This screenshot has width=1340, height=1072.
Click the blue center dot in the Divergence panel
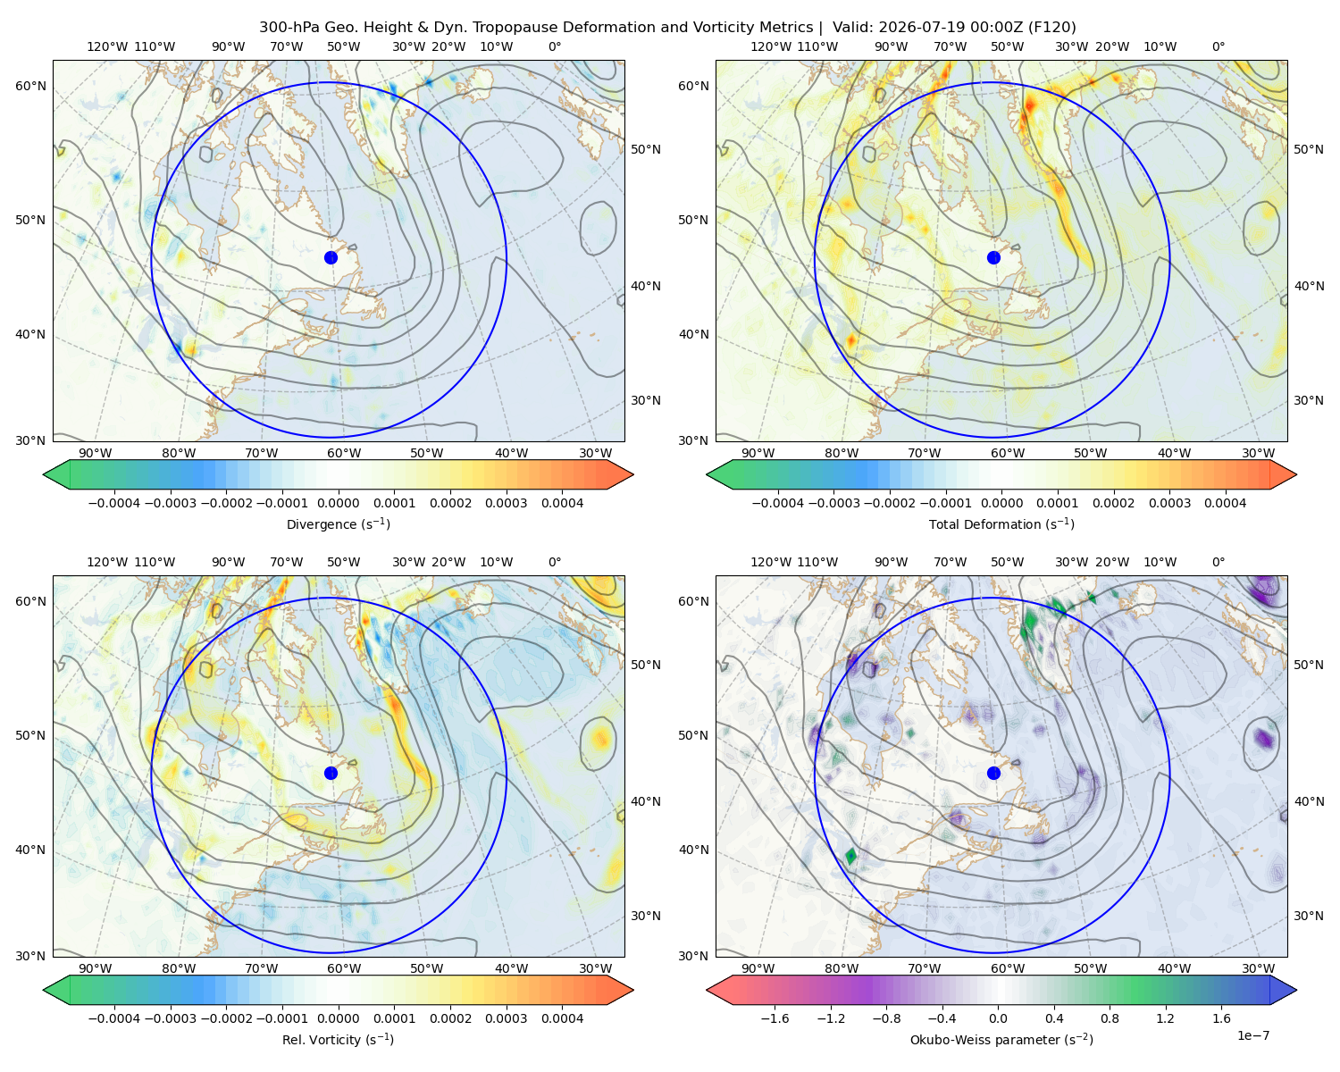click(x=331, y=257)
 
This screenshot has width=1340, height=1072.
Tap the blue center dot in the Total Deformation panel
click(x=993, y=257)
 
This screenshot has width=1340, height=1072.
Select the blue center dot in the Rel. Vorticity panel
click(x=331, y=773)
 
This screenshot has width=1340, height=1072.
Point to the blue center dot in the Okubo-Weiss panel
click(x=993, y=773)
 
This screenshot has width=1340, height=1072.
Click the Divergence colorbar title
click(x=338, y=523)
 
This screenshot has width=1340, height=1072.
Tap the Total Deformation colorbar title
click(x=1001, y=523)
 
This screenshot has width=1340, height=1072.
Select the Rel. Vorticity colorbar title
click(x=338, y=1039)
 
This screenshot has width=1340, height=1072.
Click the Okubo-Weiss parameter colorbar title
click(x=1001, y=1039)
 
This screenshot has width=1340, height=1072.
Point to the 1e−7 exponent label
click(x=1252, y=1035)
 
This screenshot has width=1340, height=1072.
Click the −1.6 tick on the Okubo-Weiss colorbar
click(x=775, y=1018)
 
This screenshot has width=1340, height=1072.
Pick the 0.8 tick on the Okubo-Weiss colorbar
click(x=1110, y=1018)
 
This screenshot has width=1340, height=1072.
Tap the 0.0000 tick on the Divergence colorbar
click(x=338, y=503)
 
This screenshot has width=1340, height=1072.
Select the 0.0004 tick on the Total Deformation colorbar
click(x=1225, y=503)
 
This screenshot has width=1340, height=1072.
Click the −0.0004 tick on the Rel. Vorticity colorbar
click(x=114, y=1018)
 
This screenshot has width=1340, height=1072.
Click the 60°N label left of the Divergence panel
click(x=30, y=86)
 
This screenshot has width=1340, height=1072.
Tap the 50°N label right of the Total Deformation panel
click(x=1308, y=149)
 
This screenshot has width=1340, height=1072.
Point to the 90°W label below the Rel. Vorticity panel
click(x=96, y=968)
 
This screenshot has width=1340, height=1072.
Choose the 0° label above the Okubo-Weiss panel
click(x=1218, y=561)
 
